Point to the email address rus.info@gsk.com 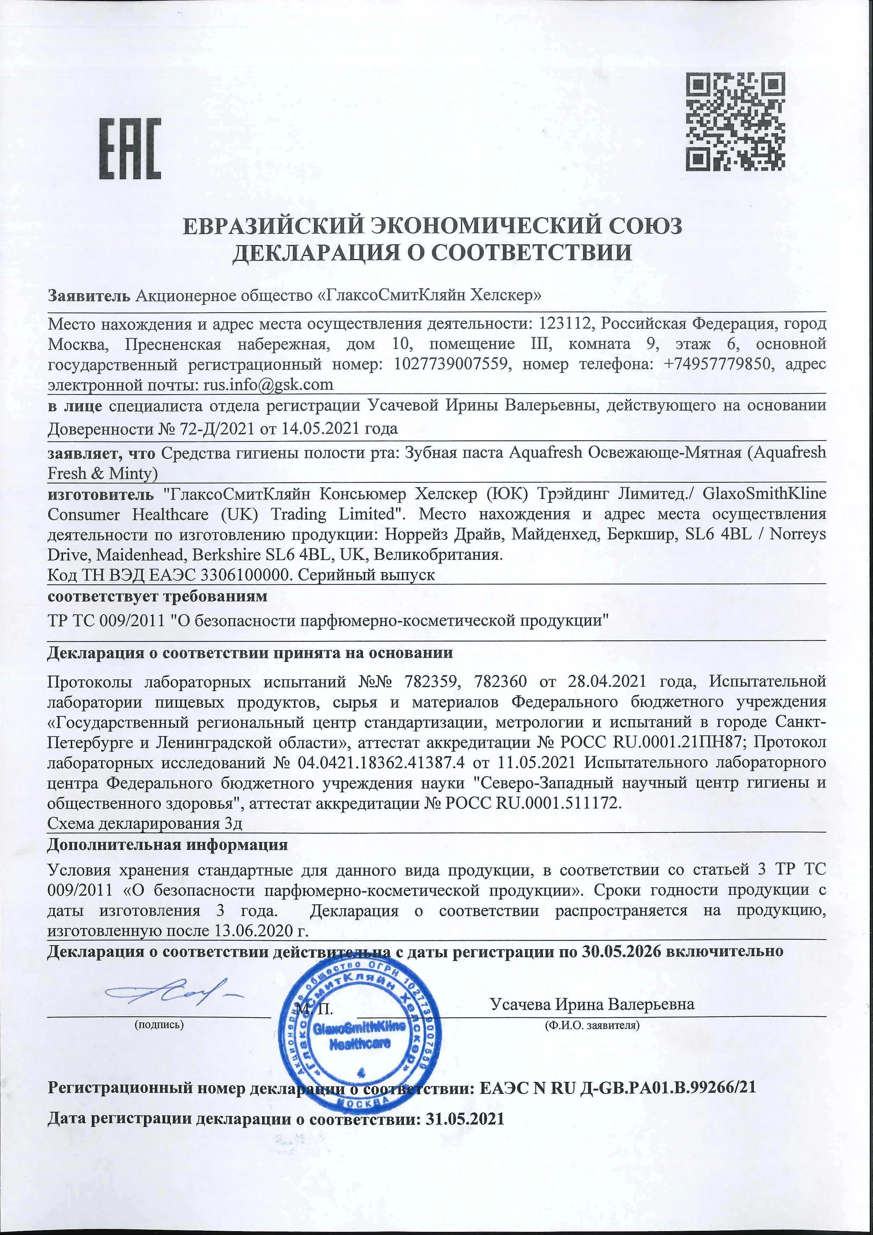(x=267, y=384)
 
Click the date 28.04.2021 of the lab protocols (x=608, y=682)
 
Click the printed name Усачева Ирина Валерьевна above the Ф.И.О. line (x=592, y=1004)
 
